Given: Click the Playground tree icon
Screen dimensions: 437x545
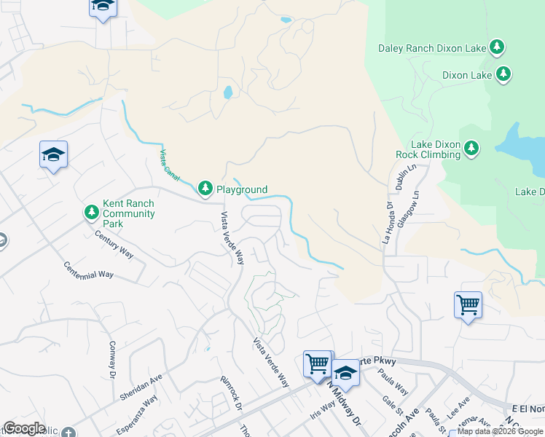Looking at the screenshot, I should (205, 189).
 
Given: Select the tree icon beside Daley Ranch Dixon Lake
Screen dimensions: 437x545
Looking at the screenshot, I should (497, 48).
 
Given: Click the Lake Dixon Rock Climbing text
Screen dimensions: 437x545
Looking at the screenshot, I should (428, 149).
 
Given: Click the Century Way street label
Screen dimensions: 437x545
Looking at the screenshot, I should (114, 244).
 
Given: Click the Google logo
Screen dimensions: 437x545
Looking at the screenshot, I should (24, 428).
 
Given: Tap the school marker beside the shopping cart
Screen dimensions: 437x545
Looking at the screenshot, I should (345, 373).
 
